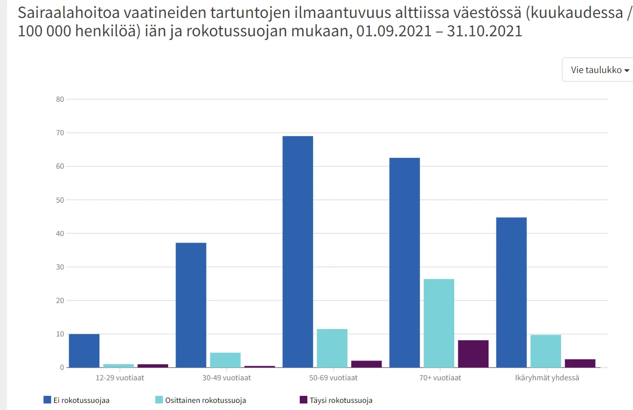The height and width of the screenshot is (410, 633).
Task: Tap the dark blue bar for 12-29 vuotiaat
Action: [x=84, y=351]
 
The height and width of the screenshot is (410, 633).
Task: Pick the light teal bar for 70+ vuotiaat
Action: [x=439, y=323]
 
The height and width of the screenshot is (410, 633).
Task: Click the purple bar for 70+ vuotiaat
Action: [x=473, y=354]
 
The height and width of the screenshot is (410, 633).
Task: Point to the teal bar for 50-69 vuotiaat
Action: [x=332, y=348]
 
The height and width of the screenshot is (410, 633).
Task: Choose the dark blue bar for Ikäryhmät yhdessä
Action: [x=511, y=292]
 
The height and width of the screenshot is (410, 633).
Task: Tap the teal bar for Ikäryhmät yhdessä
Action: [x=545, y=351]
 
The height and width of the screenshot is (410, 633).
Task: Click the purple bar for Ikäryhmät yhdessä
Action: [x=580, y=363]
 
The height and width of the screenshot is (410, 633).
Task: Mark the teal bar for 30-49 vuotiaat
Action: [x=225, y=360]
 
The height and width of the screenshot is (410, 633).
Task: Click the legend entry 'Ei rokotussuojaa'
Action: [x=76, y=401]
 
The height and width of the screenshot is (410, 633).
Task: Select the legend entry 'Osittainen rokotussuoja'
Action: [x=200, y=401]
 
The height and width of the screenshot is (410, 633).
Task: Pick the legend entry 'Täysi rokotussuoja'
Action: [x=336, y=401]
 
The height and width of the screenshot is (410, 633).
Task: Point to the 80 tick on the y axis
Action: [x=60, y=99]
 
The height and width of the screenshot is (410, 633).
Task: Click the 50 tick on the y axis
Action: [x=60, y=200]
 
